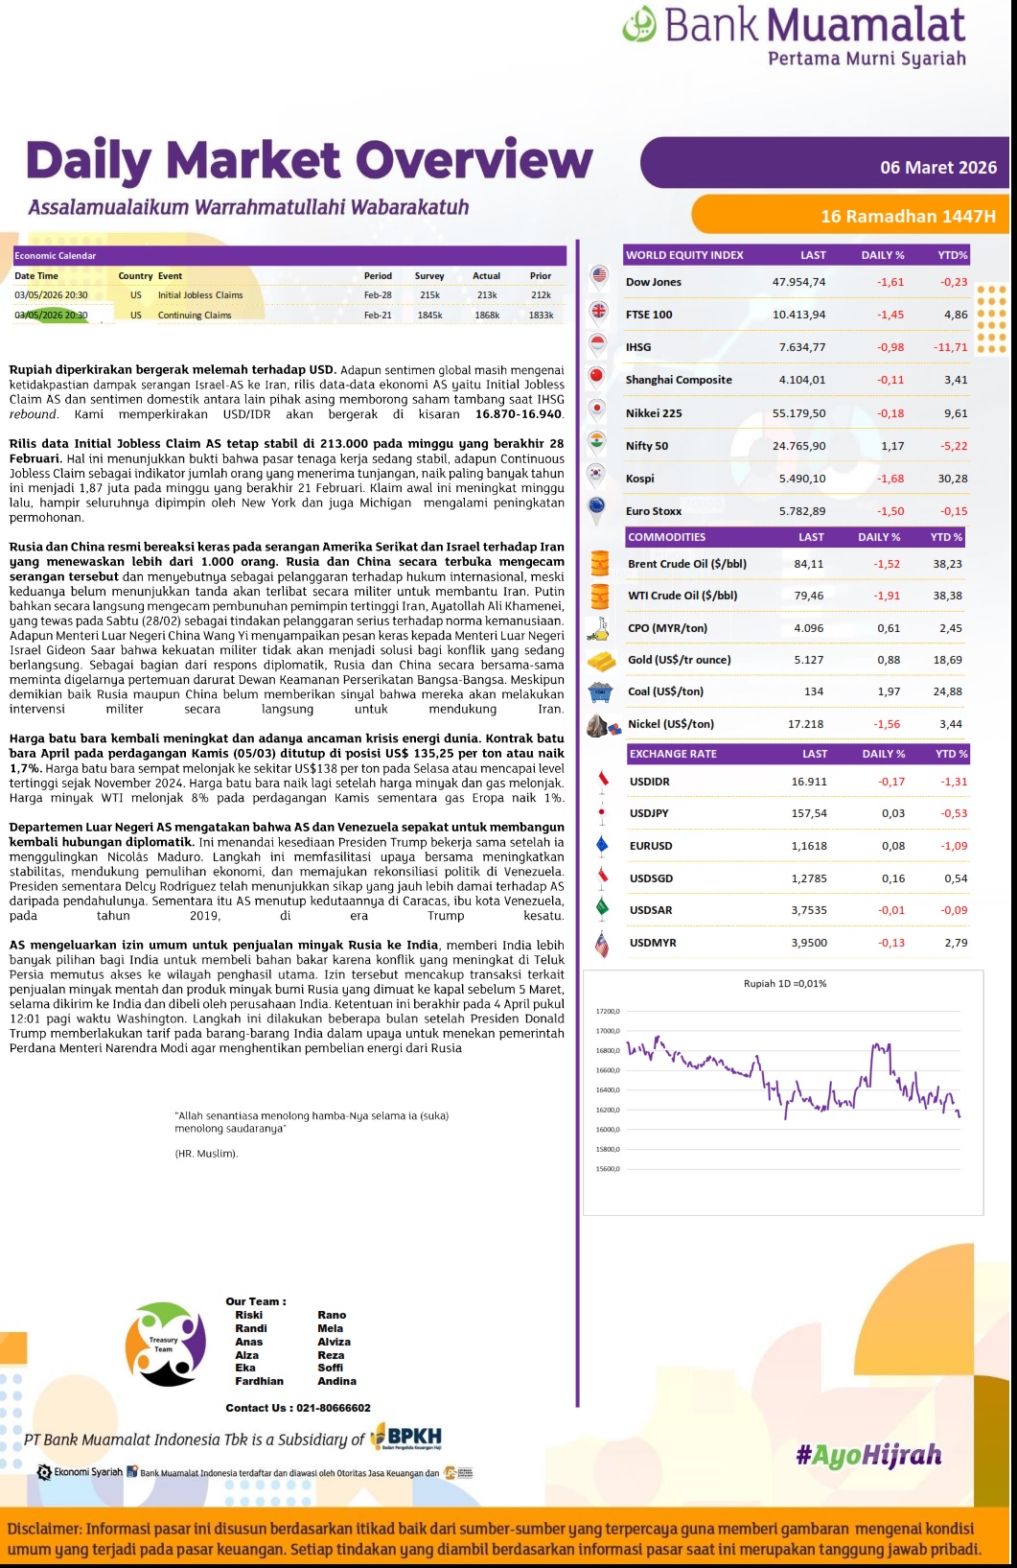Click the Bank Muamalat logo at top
coord(794,36)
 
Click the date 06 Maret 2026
coord(938,168)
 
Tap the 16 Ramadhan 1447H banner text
coord(908,217)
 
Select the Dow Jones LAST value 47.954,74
coord(798,282)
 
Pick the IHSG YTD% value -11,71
coord(950,347)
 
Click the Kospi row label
coord(639,479)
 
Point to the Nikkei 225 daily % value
coord(890,413)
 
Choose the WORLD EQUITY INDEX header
coord(684,255)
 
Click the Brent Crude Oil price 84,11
coord(808,564)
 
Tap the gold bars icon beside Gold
coord(601,661)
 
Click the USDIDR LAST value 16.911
coord(810,782)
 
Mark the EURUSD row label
coord(651,846)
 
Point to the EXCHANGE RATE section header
coord(673,754)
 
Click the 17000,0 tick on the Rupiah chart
coord(608,1031)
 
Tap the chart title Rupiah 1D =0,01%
coord(784,983)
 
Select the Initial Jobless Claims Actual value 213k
coord(486,295)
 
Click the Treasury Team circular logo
coord(165,1345)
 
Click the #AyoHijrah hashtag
coord(868,1456)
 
